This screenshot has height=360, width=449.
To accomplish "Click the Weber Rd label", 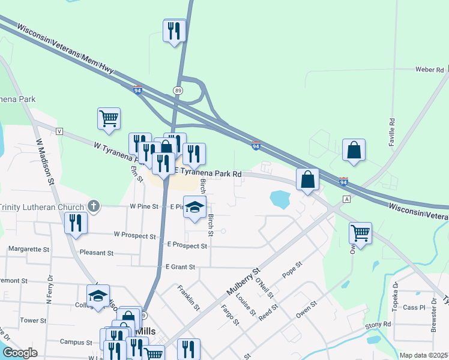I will (x=429, y=70).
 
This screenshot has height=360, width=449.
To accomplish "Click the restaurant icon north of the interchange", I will (x=175, y=31).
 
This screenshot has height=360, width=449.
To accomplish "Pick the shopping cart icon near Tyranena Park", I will (x=109, y=118).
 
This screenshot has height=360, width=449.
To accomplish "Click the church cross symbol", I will (x=93, y=206).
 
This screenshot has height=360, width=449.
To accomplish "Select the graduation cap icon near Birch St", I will (x=194, y=208).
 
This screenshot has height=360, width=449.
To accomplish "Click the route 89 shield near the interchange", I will (x=178, y=90).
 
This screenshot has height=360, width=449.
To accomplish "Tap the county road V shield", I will (x=59, y=131).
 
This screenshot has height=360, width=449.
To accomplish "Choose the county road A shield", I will (x=346, y=199).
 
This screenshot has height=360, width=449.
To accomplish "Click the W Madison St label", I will (x=46, y=162).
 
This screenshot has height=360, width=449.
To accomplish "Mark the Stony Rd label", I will (x=378, y=325).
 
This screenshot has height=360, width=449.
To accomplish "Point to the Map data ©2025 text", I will (x=423, y=355).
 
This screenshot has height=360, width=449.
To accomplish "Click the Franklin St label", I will (x=188, y=298).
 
